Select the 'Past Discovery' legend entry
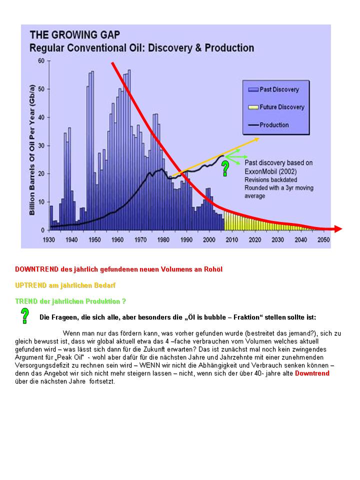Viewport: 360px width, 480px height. point(278,89)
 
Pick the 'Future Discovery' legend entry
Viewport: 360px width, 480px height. point(281,107)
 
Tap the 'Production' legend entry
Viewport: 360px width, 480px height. point(273,124)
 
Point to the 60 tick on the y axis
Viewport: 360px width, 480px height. point(41,61)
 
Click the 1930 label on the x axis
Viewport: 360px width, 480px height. point(49,239)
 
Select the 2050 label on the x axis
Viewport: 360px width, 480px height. point(324,239)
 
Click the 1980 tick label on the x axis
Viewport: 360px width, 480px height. point(163,239)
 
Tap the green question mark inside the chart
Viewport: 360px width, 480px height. point(225,168)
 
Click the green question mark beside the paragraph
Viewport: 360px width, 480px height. point(24,315)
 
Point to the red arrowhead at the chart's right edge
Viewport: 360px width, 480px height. point(338,229)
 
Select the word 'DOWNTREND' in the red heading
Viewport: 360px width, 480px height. point(37,269)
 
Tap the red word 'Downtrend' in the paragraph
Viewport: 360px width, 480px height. point(312,373)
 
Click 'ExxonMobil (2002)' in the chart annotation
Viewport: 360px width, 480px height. point(270,170)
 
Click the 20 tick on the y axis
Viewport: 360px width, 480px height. point(41,173)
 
